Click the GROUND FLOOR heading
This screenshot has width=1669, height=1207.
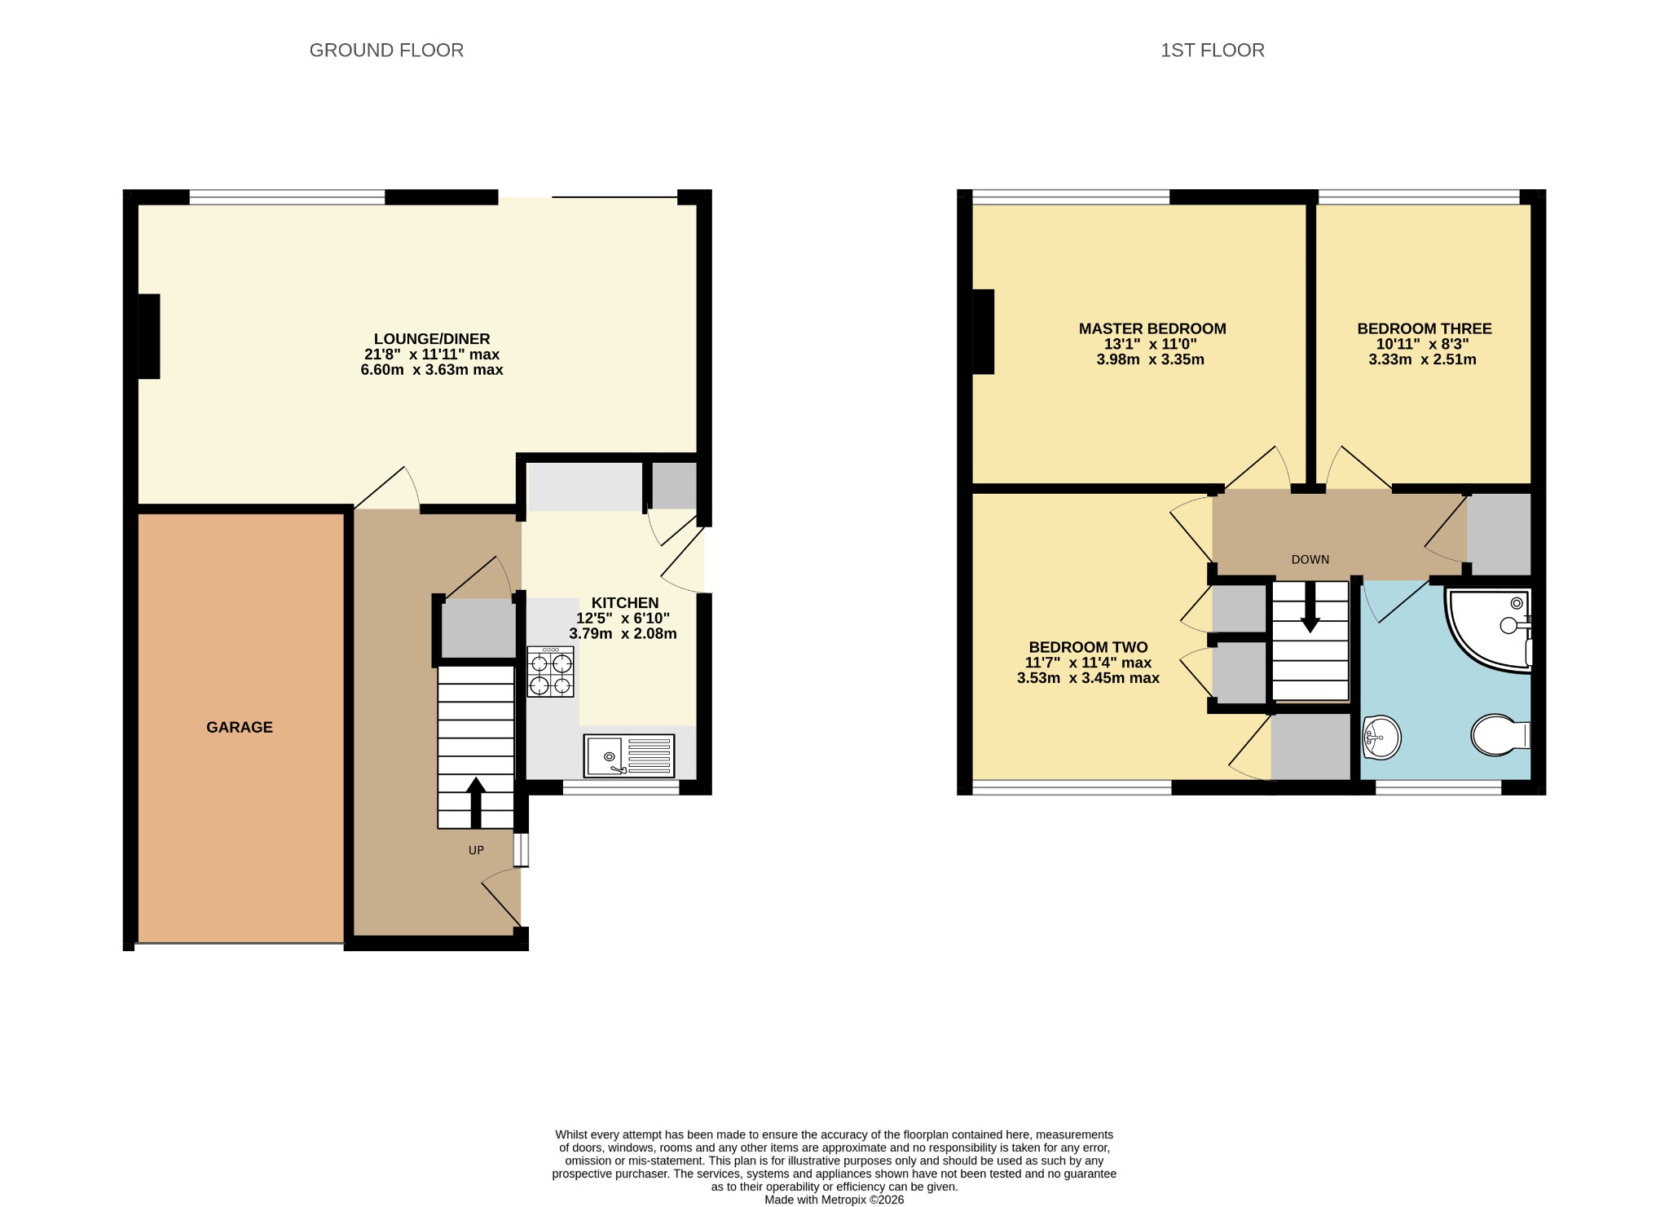click(386, 51)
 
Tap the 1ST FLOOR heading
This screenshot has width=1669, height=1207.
click(1213, 51)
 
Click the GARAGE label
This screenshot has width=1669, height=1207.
click(240, 727)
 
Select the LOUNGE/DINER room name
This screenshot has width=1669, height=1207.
click(432, 339)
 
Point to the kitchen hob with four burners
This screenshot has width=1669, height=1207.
click(550, 672)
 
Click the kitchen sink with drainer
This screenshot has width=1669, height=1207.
click(629, 755)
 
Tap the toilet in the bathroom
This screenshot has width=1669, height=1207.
click(1500, 735)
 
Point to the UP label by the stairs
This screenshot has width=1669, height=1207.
click(476, 850)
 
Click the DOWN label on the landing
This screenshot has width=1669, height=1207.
click(1310, 560)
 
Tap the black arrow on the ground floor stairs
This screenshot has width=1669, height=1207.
click(476, 803)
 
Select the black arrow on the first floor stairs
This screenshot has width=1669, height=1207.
click(1310, 607)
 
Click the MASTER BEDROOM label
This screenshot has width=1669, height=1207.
click(1152, 329)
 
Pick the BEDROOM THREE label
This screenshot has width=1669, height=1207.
click(1425, 329)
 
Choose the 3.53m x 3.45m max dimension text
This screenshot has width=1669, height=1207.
click(1088, 678)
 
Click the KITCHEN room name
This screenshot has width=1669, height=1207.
click(625, 603)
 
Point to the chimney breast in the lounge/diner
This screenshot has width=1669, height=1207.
click(148, 336)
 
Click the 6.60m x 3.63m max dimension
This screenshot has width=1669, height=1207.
click(432, 370)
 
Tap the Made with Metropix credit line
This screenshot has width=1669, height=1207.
click(834, 1200)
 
